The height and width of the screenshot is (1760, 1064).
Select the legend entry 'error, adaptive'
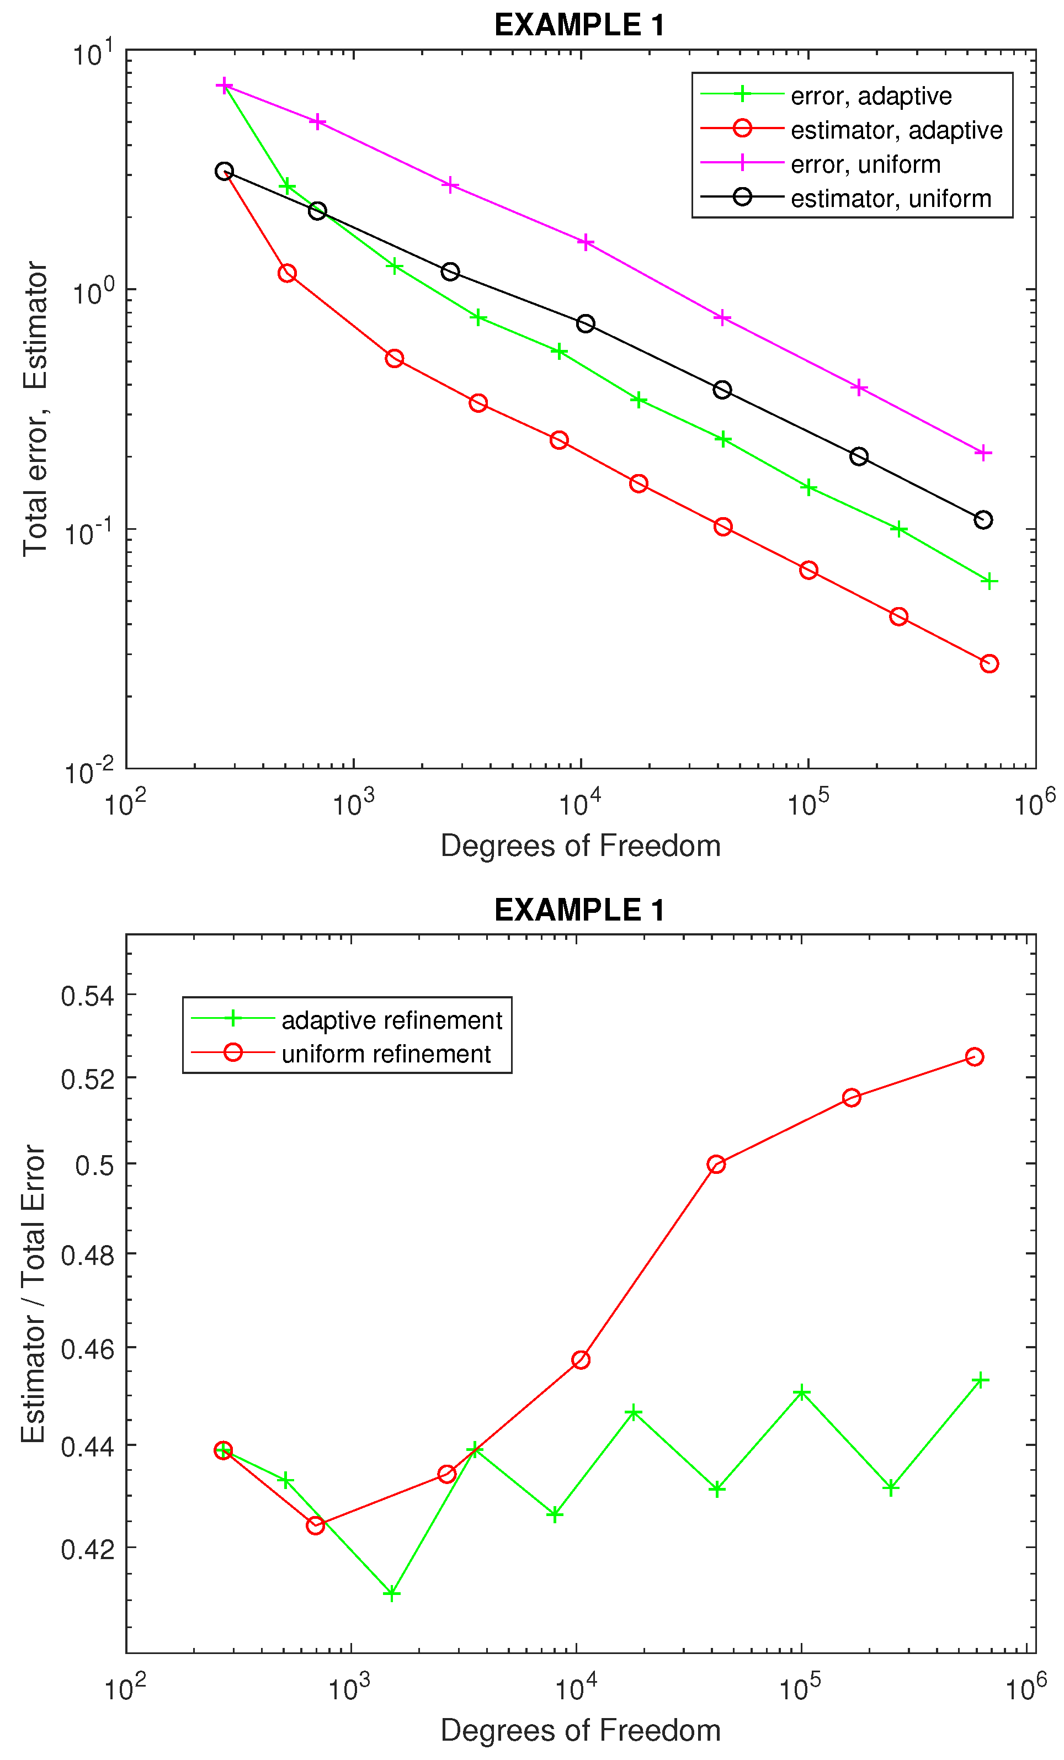tap(870, 95)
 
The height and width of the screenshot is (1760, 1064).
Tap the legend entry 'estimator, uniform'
tap(891, 198)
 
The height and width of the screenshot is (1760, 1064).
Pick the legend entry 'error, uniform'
tap(865, 164)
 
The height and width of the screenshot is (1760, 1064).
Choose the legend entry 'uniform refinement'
tap(386, 1054)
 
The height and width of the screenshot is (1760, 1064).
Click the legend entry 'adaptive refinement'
tap(391, 1020)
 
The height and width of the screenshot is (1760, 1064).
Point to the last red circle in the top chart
tap(988, 663)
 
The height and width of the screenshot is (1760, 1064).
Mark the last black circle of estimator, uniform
tap(982, 520)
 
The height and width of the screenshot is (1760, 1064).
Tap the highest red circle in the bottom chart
tap(974, 1056)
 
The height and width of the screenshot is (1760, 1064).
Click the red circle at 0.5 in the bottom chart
tap(716, 1165)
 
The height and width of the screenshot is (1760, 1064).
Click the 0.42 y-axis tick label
tap(87, 1549)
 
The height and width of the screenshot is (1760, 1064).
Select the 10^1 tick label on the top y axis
tap(93, 54)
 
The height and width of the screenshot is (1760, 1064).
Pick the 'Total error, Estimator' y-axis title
tap(34, 408)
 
